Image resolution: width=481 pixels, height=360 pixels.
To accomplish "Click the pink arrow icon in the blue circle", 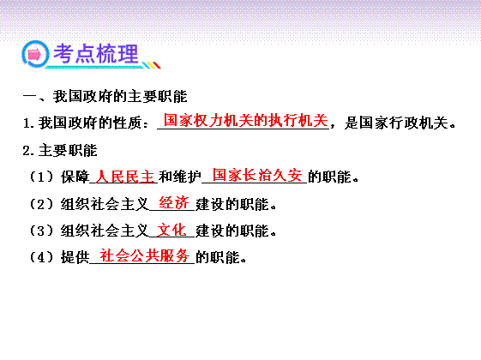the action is click(x=34, y=55).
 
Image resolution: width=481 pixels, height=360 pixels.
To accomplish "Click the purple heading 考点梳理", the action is click(x=96, y=54).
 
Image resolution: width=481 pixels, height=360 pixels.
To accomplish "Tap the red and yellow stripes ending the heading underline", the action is click(x=152, y=65).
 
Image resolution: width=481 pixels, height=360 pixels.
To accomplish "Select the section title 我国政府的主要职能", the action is click(x=120, y=96).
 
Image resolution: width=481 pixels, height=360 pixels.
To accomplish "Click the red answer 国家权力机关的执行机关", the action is click(x=246, y=120).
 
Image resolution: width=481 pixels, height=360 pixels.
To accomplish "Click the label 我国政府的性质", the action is click(x=90, y=123).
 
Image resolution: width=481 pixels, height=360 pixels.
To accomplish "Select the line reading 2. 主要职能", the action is click(x=60, y=151).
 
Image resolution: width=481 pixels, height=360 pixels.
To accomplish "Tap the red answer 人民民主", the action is click(x=124, y=177).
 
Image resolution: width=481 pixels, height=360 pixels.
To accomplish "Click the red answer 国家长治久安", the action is click(x=257, y=175).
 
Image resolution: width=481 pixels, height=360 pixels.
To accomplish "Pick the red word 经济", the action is click(x=174, y=202).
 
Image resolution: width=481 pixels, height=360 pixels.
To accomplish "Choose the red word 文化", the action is click(x=171, y=230).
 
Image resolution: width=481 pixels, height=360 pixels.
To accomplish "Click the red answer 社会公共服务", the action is click(x=145, y=255).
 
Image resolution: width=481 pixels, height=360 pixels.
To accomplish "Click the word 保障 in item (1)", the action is click(x=75, y=177).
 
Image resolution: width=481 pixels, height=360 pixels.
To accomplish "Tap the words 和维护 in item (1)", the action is click(x=180, y=177).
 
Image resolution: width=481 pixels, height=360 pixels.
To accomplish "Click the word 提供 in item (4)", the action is click(x=75, y=257).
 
